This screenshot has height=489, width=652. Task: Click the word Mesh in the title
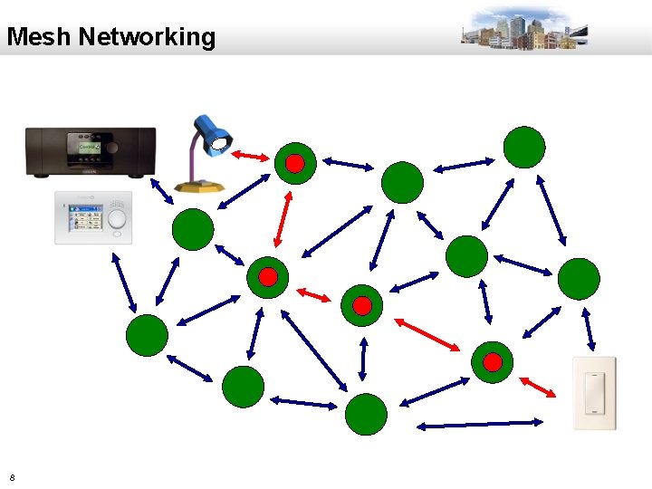(39, 37)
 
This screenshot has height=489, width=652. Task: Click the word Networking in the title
(147, 38)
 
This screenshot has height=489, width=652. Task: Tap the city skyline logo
(523, 29)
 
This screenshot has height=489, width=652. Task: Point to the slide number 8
(13, 477)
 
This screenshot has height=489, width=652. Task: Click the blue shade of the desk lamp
(214, 135)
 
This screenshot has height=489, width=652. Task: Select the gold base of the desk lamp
(199, 186)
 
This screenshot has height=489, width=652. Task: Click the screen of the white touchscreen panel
(87, 217)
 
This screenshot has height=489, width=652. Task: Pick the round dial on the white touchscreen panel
(117, 218)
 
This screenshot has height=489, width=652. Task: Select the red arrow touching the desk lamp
(251, 157)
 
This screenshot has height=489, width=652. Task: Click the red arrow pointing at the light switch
(540, 387)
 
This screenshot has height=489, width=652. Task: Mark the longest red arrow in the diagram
(427, 334)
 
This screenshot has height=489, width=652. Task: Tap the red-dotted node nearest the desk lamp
(294, 163)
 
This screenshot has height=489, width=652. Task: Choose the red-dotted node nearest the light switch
(493, 362)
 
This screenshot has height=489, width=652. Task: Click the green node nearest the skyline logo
(524, 147)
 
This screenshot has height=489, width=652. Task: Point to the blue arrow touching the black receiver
(162, 191)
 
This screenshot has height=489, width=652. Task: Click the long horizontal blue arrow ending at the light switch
(479, 424)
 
